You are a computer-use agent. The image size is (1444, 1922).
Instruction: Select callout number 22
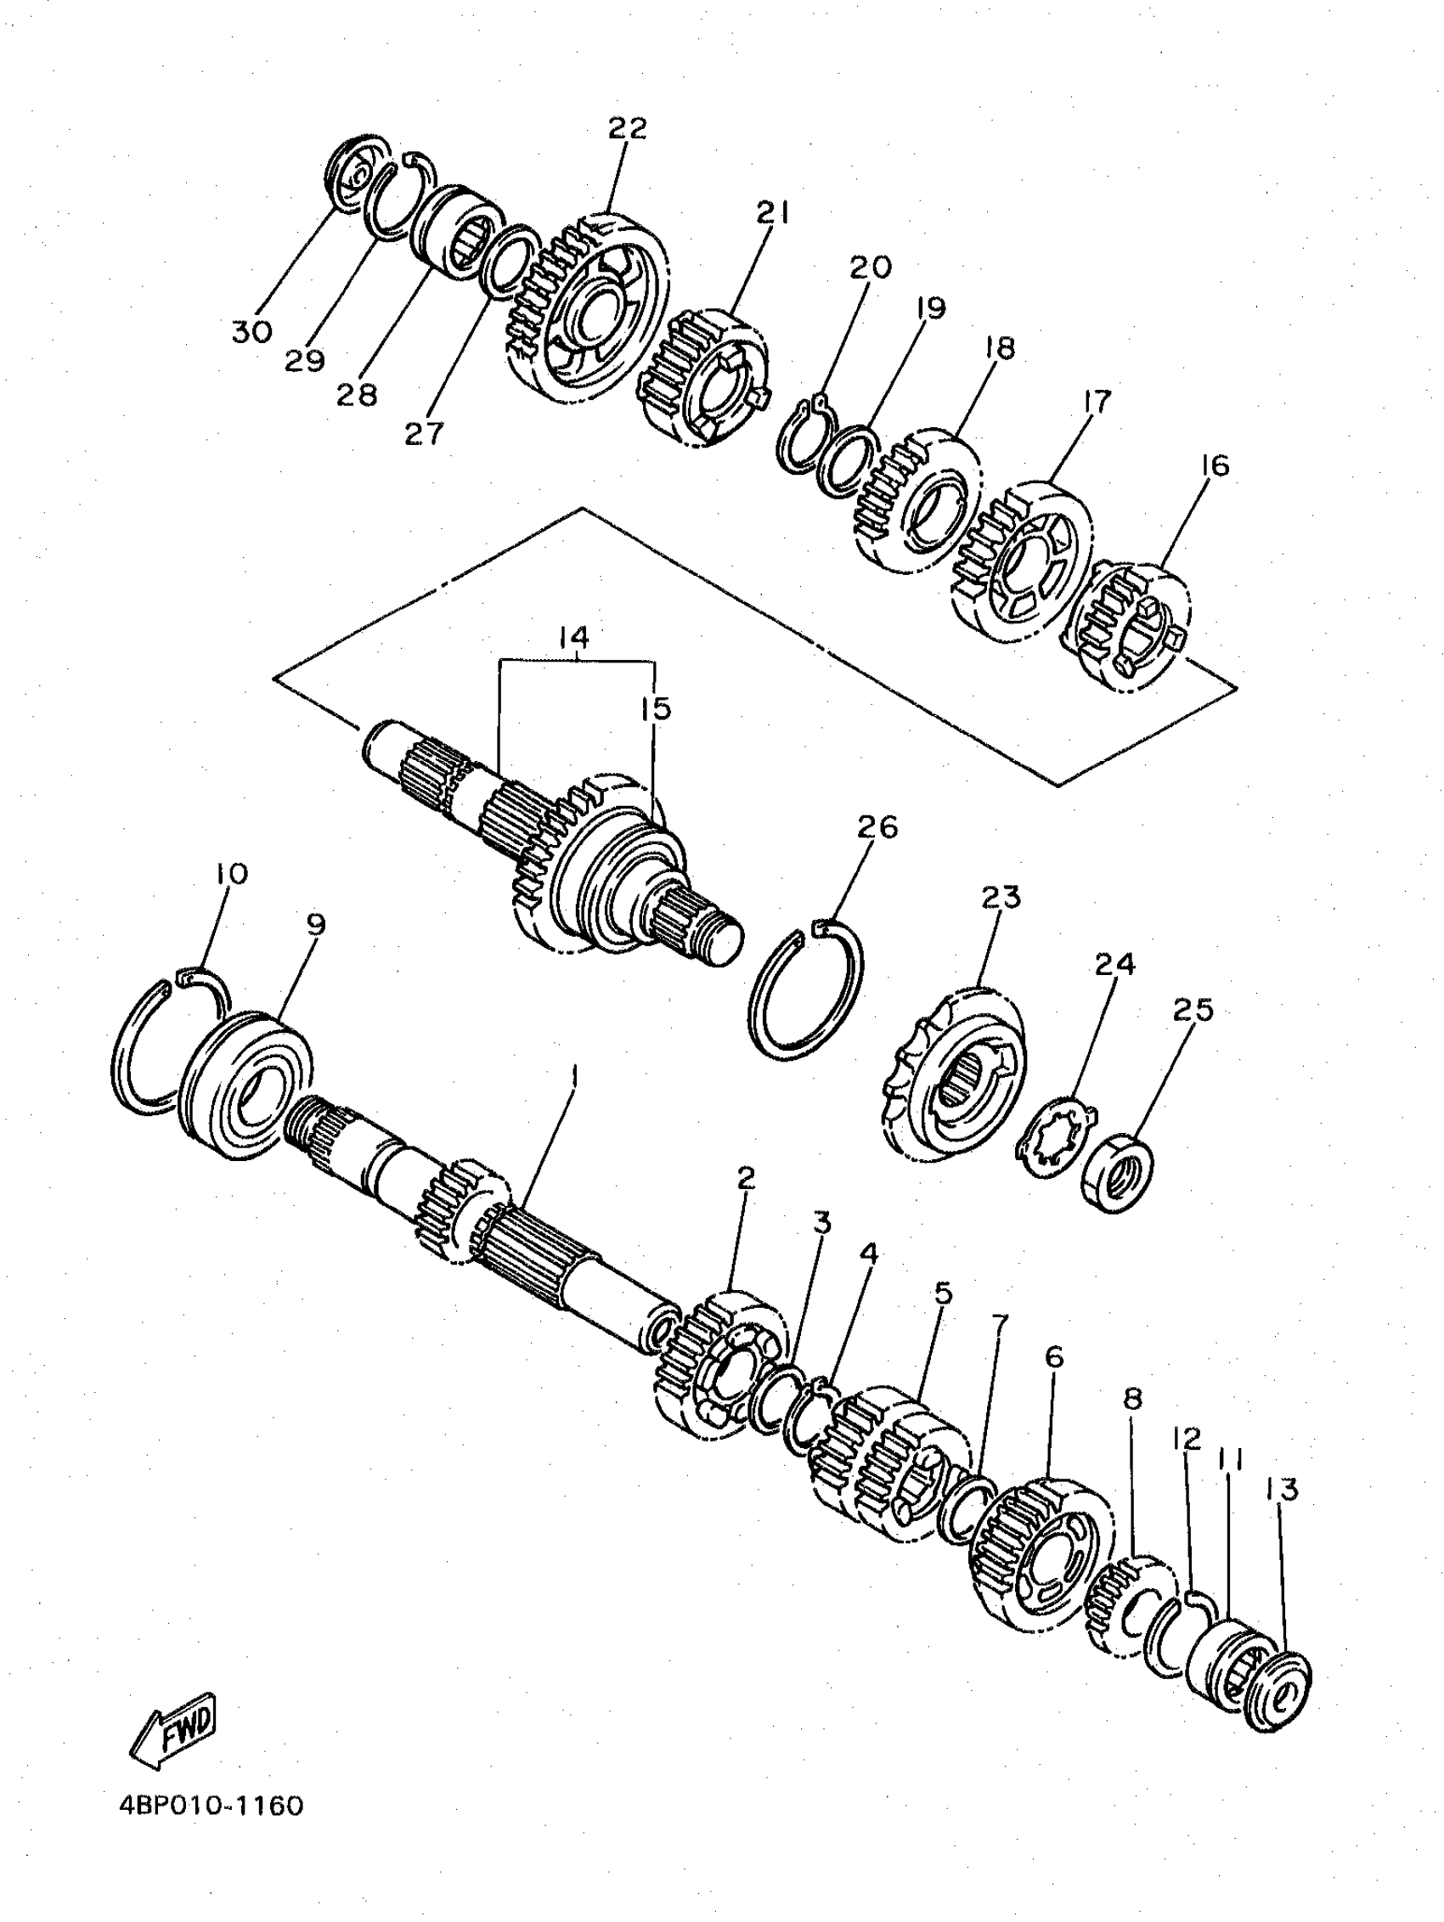628,127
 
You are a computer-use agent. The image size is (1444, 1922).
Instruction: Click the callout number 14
574,638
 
